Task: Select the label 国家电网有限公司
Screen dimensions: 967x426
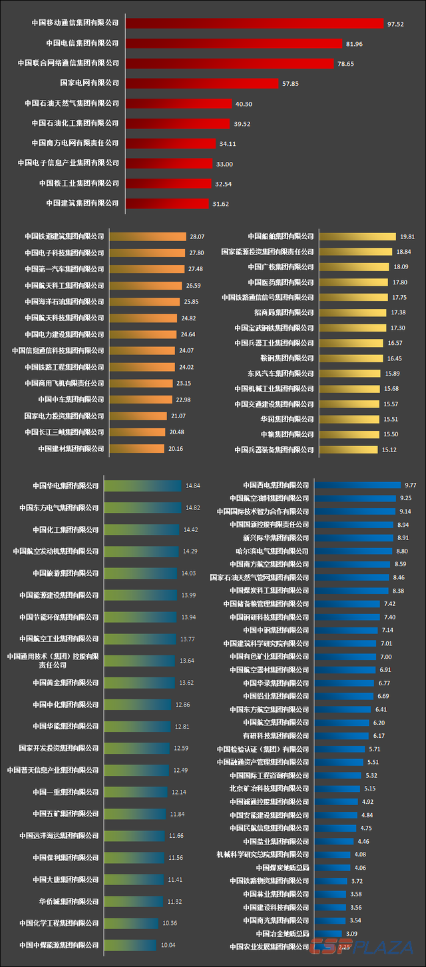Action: tap(89, 83)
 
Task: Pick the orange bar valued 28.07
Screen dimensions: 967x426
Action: tap(147, 236)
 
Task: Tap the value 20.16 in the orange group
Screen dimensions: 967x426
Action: tap(175, 449)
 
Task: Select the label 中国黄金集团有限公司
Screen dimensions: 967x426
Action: tap(65, 683)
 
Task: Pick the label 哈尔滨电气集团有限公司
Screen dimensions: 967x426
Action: tap(272, 551)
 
